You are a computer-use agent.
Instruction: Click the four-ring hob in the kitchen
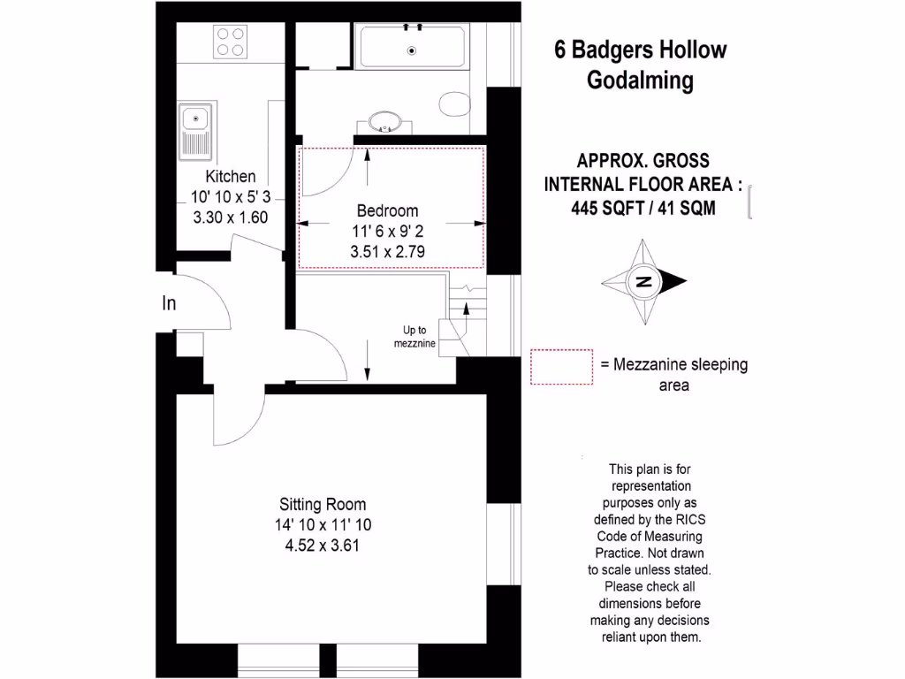pos(232,42)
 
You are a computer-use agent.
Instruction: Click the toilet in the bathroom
pos(455,103)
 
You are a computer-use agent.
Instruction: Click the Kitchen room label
pos(231,176)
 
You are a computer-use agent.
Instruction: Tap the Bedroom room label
pos(387,211)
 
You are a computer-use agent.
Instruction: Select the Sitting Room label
pos(323,505)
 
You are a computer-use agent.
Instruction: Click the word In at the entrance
pos(169,304)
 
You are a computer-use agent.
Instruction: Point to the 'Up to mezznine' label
pos(414,338)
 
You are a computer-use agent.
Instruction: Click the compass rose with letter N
pos(645,282)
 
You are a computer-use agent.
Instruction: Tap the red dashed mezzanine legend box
pos(561,366)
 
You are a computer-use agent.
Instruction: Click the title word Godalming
pos(641,80)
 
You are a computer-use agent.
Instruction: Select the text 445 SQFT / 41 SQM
pos(643,209)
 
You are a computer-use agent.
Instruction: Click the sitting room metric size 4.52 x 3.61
pos(323,545)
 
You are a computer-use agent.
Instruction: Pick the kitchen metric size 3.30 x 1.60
pos(231,217)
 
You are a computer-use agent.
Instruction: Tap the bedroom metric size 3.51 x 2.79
pos(387,251)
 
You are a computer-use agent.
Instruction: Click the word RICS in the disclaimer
pos(686,519)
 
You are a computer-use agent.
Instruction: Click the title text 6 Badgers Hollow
pos(641,50)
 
